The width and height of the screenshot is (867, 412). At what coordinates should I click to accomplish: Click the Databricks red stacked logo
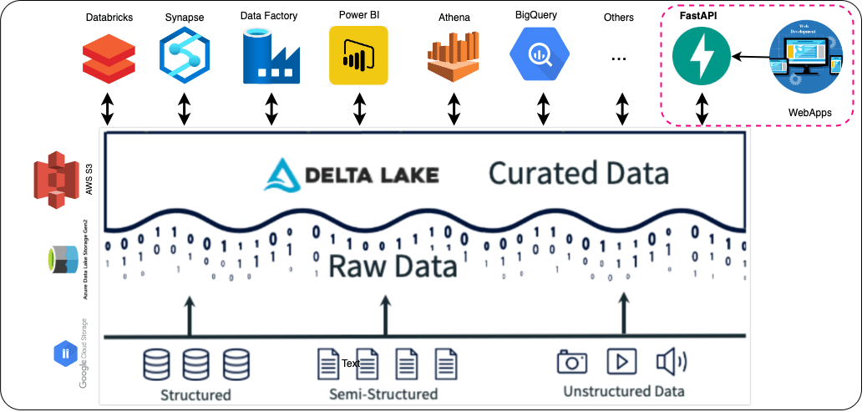(109, 56)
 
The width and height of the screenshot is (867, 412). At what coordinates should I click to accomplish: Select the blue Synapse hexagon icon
(185, 55)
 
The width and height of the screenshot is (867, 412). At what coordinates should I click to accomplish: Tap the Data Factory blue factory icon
(271, 56)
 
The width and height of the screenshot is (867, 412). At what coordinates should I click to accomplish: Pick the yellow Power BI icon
(360, 55)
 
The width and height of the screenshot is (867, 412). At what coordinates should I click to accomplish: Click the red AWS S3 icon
(55, 178)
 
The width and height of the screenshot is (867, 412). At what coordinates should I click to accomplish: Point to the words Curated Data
(578, 173)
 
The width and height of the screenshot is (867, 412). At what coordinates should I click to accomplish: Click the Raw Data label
(393, 266)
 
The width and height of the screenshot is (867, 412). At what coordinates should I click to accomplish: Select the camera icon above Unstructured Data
(571, 362)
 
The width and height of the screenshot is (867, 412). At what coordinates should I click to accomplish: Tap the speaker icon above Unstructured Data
(670, 362)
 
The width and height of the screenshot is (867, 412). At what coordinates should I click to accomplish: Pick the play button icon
(621, 361)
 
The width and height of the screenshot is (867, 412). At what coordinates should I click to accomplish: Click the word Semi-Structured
(383, 394)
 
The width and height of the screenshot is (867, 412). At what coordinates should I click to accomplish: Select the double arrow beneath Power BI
(360, 109)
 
